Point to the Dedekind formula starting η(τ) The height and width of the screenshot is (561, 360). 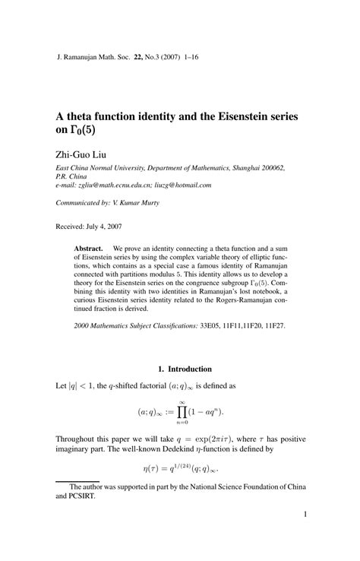point(180,469)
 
